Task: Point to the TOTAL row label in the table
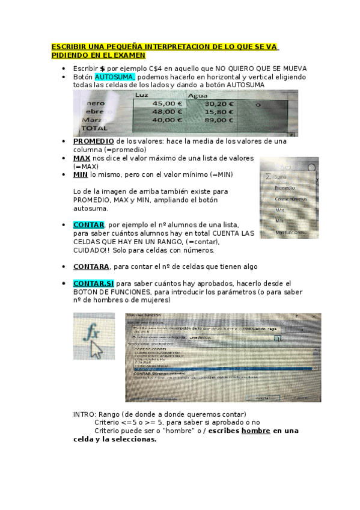(x=94, y=128)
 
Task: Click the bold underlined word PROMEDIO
(x=93, y=141)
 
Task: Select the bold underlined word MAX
(x=81, y=158)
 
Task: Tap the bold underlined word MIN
(x=80, y=174)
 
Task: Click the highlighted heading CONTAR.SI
(x=93, y=283)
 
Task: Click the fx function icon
(x=93, y=333)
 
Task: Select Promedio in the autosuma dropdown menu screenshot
(x=285, y=188)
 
